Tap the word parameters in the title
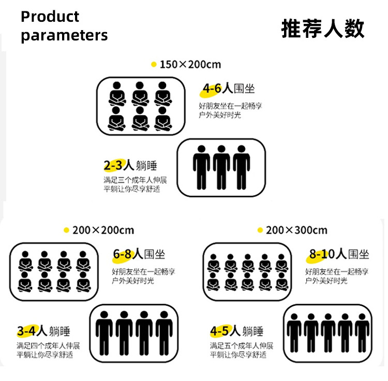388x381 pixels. [64, 35]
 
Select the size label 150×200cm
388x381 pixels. [190, 65]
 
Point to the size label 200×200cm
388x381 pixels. [103, 230]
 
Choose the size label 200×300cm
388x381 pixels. [296, 230]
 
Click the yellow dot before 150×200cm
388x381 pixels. [153, 65]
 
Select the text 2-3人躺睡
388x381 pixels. [130, 166]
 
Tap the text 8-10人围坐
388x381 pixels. [339, 254]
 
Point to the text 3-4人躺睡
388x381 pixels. [43, 331]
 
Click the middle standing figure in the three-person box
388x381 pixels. [221, 167]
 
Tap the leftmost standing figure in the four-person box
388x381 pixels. [104, 332]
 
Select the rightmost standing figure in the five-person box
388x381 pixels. [362, 332]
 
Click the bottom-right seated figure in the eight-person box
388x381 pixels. [82, 281]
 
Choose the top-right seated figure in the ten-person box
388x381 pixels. [281, 264]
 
